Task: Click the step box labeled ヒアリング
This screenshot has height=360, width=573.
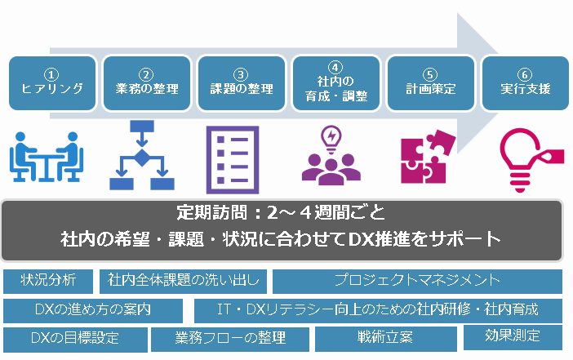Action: point(52,83)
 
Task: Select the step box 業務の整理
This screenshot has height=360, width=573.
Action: point(147,83)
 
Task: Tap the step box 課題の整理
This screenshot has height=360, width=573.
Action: point(242,83)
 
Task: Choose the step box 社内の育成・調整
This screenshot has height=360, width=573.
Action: point(336,83)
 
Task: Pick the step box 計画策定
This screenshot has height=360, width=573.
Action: point(431,83)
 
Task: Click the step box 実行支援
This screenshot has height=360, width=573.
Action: point(526,83)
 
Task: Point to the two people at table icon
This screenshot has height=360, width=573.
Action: point(47,157)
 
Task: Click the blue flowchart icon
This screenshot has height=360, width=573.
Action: point(142,155)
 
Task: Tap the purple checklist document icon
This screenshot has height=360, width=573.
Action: point(233,160)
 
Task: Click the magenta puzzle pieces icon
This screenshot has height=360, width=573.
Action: point(429,157)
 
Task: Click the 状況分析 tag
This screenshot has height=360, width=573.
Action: point(48,281)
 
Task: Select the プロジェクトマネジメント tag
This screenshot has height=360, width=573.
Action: point(417,281)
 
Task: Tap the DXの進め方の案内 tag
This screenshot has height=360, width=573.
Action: point(93,311)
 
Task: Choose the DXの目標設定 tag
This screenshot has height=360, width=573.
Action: point(75,340)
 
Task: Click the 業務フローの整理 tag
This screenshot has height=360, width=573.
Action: point(230,339)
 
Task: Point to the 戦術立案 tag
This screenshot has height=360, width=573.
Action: point(386,339)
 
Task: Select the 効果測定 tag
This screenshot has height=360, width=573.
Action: point(513,337)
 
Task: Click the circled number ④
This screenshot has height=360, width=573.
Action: point(335,67)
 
